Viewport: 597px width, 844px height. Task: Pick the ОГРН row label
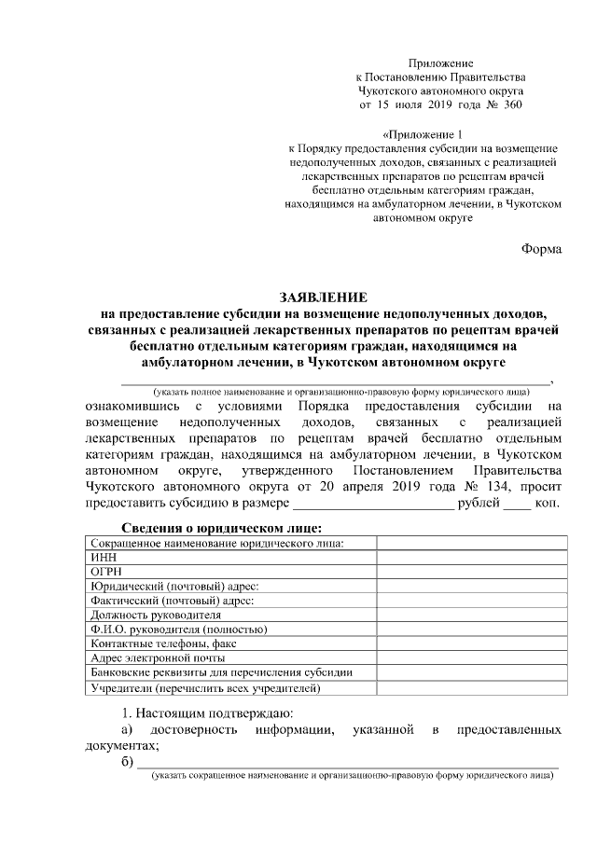[x=105, y=572]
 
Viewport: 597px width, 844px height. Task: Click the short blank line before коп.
[x=517, y=505]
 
